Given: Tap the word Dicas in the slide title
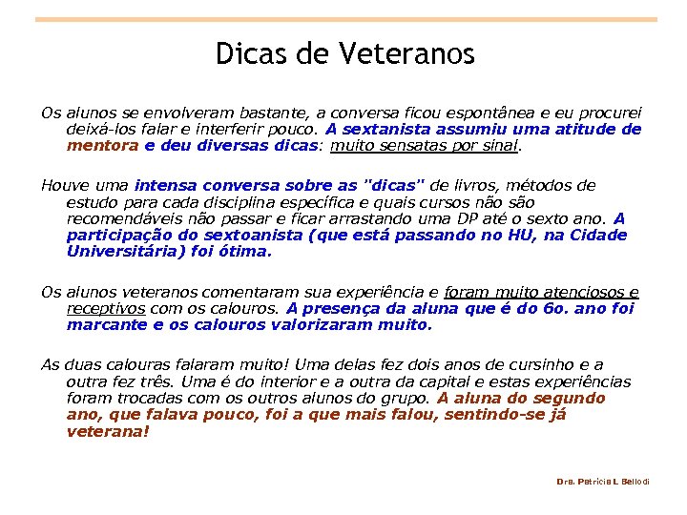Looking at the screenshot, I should coord(252,54).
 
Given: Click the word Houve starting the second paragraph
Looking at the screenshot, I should coord(63,185).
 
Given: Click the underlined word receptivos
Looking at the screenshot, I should coord(106,308).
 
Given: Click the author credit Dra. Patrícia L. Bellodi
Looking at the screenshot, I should coord(602,482).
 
